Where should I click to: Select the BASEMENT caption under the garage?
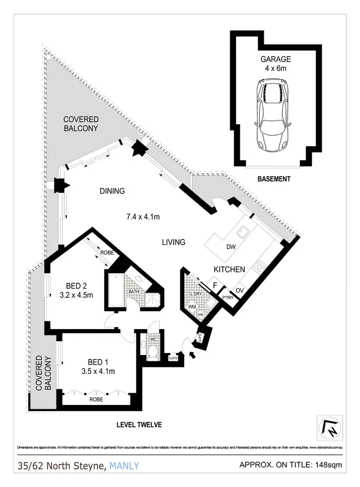point(274,179)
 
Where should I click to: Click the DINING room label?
point(112,191)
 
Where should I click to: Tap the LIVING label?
point(173,242)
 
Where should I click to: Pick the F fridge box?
point(216,286)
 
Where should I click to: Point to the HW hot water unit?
point(201,315)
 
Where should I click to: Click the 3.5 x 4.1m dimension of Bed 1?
point(98,371)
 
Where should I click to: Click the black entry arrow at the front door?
point(193,356)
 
